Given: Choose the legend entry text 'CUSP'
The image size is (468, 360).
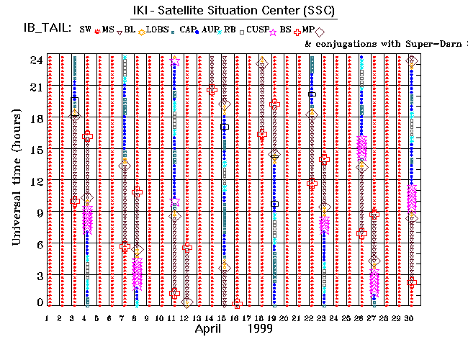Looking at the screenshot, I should pos(257,30).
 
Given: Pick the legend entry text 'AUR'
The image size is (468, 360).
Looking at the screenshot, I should pos(212,30).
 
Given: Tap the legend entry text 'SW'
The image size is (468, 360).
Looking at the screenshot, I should pos(85,30).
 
